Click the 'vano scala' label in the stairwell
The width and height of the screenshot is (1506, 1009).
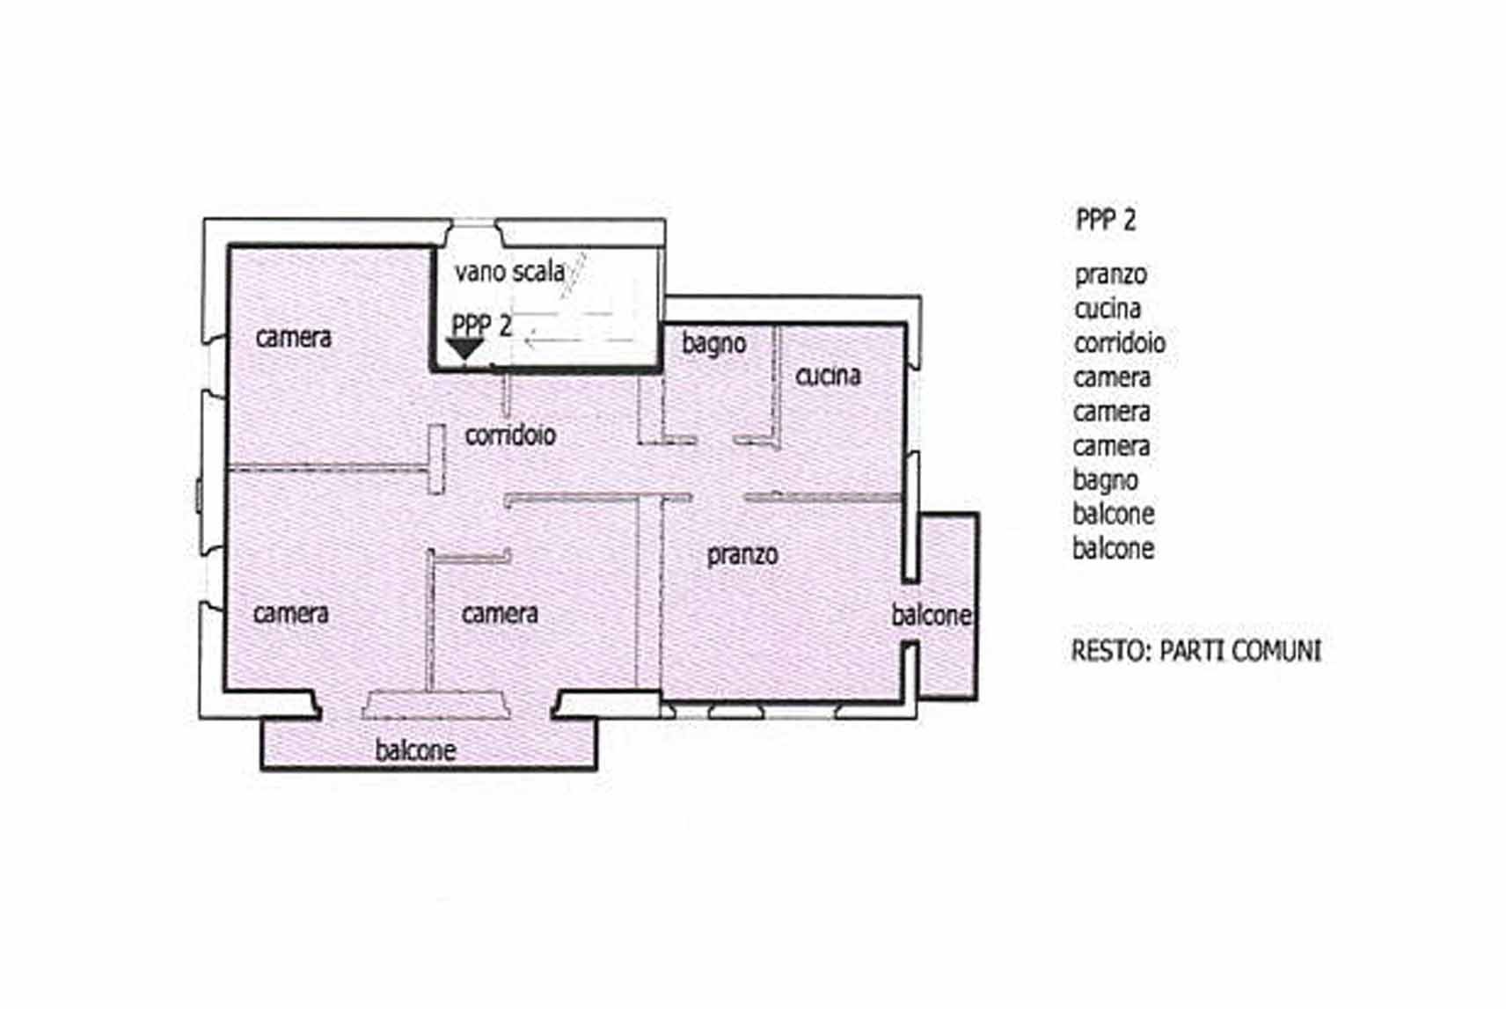(x=509, y=272)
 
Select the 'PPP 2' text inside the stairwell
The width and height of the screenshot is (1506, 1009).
(x=481, y=325)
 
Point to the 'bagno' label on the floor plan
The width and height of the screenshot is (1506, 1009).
(x=714, y=343)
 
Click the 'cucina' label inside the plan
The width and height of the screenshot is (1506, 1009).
(x=828, y=375)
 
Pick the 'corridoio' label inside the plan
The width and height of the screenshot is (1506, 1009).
(x=510, y=435)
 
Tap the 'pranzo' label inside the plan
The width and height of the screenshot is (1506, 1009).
(x=743, y=555)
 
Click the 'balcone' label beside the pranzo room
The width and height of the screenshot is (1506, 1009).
(x=932, y=615)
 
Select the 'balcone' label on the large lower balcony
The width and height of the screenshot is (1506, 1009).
(x=415, y=750)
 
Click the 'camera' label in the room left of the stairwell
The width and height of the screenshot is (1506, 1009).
(x=293, y=338)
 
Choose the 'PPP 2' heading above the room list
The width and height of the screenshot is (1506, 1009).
(x=1106, y=220)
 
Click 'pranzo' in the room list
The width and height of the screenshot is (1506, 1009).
(x=1111, y=275)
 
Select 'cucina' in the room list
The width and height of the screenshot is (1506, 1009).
(x=1108, y=310)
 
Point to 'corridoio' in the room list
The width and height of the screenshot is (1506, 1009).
(x=1120, y=343)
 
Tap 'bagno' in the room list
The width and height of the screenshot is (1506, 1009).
(x=1105, y=480)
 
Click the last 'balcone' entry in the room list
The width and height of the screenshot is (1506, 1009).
(x=1114, y=549)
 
